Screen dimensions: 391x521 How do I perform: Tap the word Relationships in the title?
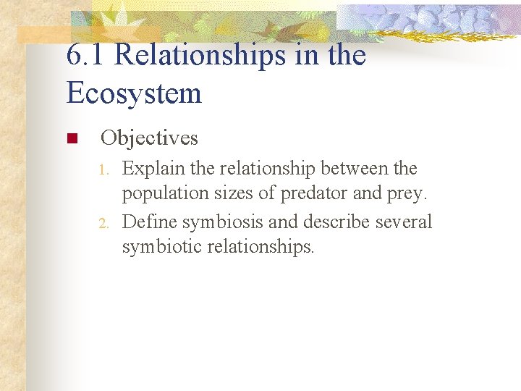200,55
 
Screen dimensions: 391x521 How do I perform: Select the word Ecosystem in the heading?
134,93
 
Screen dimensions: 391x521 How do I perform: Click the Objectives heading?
149,138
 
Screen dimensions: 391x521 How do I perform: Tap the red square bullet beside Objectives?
71,138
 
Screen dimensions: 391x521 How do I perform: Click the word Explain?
153,169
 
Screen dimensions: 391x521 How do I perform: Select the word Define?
149,222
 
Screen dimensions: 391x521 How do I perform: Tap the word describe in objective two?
334,222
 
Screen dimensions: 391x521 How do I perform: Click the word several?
404,222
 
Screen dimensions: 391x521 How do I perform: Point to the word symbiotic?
161,248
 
